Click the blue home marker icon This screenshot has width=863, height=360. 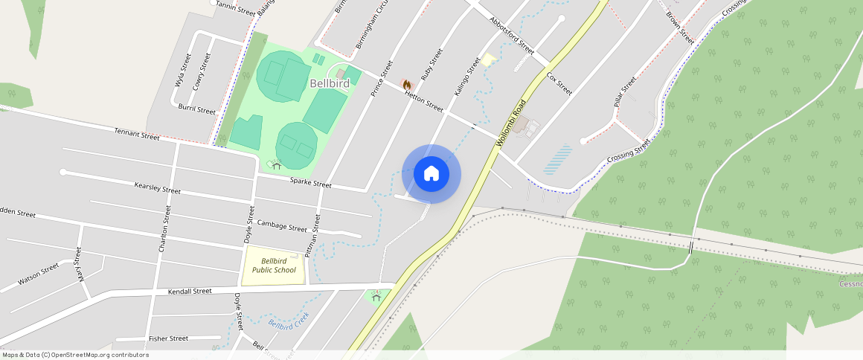431,174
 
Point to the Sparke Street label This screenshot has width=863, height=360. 310,182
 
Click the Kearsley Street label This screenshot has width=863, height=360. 158,189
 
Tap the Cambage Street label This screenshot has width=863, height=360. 282,226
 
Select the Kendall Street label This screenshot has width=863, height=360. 190,291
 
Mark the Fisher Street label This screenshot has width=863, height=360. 168,338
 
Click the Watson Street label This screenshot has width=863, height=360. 39,274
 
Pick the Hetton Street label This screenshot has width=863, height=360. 424,102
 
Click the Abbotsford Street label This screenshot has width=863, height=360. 513,35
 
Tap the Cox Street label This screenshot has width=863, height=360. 559,84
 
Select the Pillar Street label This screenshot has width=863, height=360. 625,93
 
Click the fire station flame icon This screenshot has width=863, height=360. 407,85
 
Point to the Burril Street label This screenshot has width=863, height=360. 196,109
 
